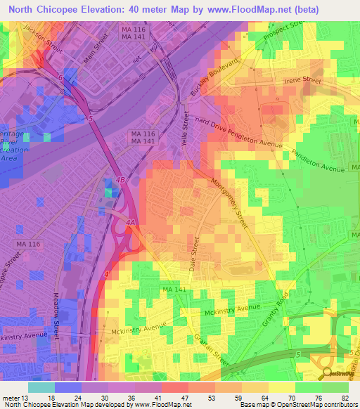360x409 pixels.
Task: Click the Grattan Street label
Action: [x=212, y=344]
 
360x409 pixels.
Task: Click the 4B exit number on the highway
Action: [x=121, y=181]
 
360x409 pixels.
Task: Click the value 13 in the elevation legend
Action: [x=27, y=397]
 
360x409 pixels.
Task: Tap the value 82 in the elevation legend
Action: [x=345, y=397]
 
